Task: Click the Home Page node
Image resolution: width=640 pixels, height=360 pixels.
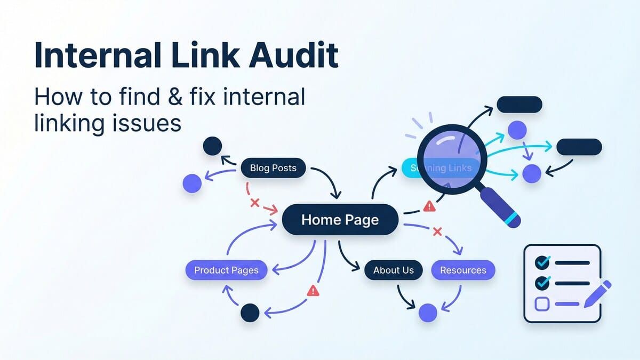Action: [340, 220]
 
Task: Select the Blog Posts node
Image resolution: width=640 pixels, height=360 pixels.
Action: [273, 169]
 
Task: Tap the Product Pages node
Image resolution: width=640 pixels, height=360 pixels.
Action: [226, 270]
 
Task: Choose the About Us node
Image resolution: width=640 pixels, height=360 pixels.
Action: [393, 270]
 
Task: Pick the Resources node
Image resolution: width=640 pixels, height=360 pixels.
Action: [463, 270]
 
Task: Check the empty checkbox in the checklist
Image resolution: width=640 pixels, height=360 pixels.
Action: [542, 304]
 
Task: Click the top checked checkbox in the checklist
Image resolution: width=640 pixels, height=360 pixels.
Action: [542, 262]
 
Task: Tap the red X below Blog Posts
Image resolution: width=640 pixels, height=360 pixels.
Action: [254, 203]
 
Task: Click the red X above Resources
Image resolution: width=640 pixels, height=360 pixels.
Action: [437, 231]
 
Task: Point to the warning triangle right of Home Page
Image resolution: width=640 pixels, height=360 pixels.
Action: [428, 206]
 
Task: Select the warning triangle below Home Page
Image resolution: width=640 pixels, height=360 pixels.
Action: [313, 291]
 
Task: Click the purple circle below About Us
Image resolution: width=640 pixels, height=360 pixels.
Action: [428, 313]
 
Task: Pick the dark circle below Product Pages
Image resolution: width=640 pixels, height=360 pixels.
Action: [250, 313]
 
